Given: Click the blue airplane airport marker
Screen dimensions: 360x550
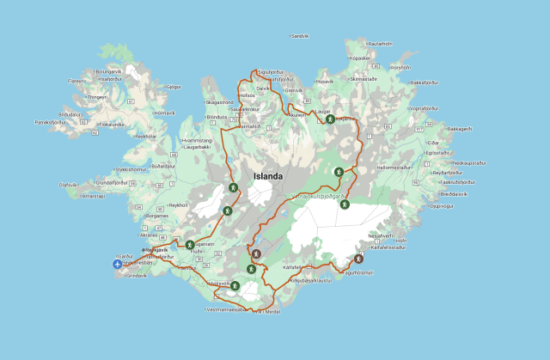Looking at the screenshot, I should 118,263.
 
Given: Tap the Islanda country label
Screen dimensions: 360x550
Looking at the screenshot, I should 267,176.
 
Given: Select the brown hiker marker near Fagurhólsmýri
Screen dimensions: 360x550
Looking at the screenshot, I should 358,259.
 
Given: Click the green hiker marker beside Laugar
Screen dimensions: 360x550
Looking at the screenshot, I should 329,119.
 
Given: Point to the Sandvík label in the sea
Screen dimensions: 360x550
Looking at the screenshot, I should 300,36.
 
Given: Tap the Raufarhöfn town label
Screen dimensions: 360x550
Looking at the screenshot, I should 380,43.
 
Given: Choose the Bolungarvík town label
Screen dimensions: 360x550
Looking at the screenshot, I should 111,70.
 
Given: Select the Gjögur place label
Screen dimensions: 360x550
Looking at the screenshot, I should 174,87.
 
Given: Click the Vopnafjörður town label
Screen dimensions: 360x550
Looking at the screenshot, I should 431,109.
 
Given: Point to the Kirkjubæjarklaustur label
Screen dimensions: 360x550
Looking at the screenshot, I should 311,280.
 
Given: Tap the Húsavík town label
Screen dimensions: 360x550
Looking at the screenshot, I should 325,82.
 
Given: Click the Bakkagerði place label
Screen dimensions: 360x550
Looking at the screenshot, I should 460,129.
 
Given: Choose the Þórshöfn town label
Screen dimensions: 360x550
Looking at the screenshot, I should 401,66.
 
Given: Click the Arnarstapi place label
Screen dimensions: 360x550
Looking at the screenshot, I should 92,195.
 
